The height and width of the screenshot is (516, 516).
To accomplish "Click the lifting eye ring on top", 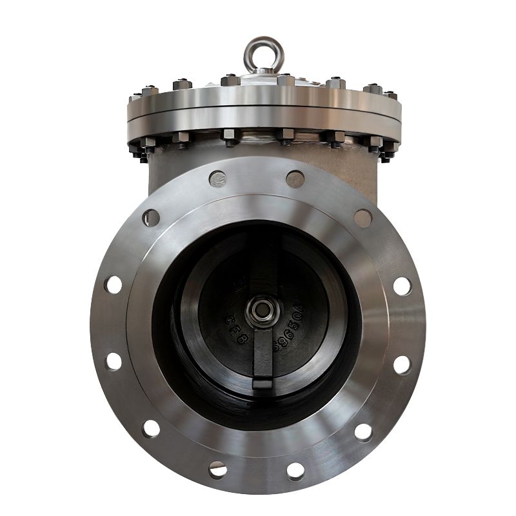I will (257, 51).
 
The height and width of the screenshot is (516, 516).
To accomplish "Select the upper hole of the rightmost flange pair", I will (402, 284).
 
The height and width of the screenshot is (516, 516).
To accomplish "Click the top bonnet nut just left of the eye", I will (229, 81).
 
